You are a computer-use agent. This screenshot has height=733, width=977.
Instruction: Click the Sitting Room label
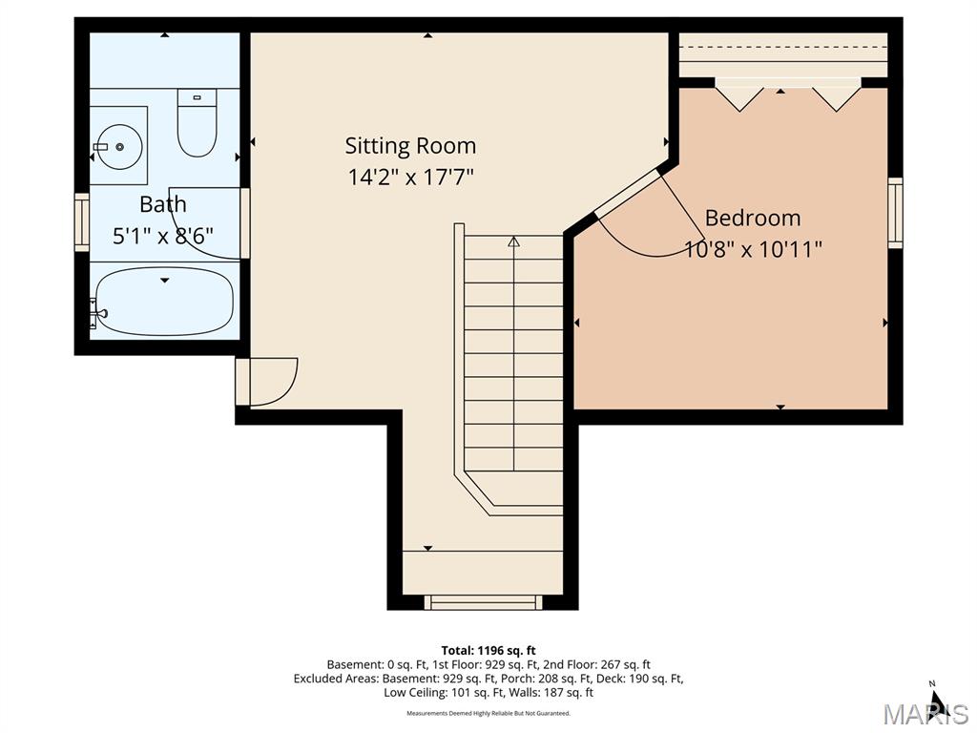tap(410, 146)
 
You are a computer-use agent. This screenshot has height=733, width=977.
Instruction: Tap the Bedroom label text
tap(753, 218)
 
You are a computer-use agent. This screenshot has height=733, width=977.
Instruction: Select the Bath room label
tap(162, 204)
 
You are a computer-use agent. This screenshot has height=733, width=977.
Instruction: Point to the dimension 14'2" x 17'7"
tap(410, 177)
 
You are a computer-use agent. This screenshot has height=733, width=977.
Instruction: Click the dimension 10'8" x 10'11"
tap(753, 249)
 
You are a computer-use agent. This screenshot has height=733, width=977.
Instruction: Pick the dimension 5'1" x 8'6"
tap(162, 236)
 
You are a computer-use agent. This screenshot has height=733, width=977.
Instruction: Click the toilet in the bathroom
tap(197, 122)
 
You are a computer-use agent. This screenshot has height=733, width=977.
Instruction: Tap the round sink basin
tap(118, 146)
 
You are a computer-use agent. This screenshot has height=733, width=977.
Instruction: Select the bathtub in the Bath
tap(164, 301)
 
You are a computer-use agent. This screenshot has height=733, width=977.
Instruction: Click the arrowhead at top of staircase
tap(513, 241)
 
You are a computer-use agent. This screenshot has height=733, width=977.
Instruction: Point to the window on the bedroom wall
tap(895, 213)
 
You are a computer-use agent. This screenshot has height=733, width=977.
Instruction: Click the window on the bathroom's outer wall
tap(82, 221)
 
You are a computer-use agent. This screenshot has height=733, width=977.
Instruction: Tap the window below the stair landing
tap(483, 602)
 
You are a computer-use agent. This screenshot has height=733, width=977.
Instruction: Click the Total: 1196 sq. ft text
tap(488, 651)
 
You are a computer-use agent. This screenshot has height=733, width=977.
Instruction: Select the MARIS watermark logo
tap(925, 714)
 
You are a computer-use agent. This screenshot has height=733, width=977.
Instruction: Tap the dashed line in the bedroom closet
tap(782, 48)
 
